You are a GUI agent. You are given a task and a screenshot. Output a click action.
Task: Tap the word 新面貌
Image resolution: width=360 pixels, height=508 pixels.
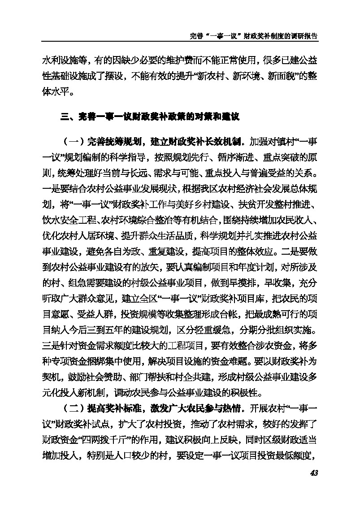click(x=280, y=76)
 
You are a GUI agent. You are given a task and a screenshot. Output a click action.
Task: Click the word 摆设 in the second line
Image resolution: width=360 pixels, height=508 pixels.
click(x=116, y=76)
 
